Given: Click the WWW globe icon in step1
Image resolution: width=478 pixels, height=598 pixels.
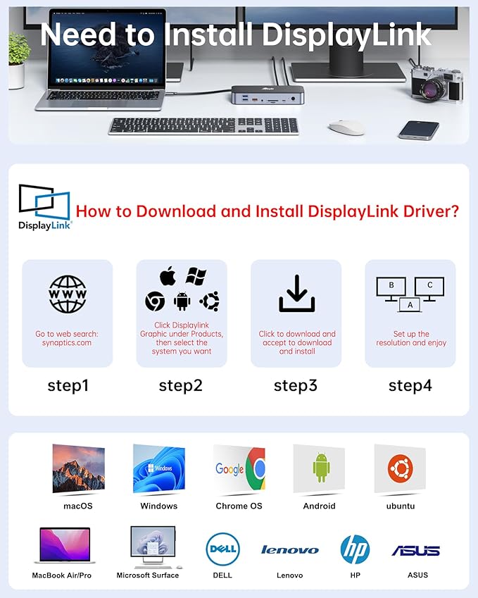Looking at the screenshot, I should click(68, 294).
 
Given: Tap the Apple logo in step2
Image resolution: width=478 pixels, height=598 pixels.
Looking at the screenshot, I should click(168, 276).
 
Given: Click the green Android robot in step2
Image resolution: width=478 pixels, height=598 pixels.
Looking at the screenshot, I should click(182, 301).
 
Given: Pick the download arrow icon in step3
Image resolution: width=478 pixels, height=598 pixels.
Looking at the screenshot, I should click(296, 294).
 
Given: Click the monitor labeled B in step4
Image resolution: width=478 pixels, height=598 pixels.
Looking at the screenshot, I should click(391, 287).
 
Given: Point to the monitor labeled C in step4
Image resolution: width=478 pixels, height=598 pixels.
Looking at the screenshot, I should click(429, 287).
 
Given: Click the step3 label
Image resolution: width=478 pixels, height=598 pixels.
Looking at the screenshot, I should click(296, 385).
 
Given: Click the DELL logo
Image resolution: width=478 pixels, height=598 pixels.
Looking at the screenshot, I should click(222, 549).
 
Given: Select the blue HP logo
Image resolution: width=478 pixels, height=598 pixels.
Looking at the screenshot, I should click(355, 549).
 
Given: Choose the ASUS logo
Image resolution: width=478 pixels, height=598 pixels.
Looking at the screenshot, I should click(415, 551).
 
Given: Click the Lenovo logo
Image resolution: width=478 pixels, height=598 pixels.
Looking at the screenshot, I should click(289, 550).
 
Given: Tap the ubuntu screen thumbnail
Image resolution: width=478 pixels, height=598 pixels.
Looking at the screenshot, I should click(399, 469).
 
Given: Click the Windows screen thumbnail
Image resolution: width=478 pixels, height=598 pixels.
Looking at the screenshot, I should click(159, 469).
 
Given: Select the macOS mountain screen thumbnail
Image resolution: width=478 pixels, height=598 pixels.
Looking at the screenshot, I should click(78, 469).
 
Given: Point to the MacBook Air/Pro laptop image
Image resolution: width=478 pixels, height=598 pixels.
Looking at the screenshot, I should click(62, 547).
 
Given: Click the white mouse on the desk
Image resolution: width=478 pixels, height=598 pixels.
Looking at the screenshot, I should click(346, 127).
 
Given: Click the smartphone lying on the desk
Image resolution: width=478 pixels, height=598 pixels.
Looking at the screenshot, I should click(418, 130).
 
